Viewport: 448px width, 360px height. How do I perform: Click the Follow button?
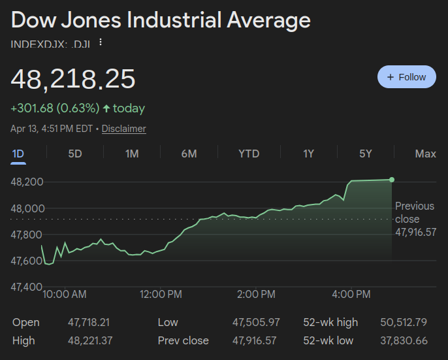(406, 77)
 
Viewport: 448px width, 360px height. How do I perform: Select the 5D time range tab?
(75, 154)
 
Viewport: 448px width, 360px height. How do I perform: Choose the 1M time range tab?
(132, 154)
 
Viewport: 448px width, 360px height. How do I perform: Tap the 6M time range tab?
(189, 154)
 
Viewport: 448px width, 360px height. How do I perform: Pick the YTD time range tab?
(249, 154)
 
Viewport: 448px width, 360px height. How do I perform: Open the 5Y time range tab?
(365, 154)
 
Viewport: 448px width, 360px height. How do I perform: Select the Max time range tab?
(425, 154)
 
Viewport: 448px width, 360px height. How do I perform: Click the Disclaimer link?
(123, 129)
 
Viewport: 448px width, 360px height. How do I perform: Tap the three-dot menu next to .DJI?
(101, 42)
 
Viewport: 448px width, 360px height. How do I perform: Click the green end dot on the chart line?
(392, 180)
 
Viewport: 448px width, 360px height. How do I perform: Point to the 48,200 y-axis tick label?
(27, 182)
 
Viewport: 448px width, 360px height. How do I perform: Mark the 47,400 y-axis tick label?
(27, 287)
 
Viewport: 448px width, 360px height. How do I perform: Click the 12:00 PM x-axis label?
(161, 295)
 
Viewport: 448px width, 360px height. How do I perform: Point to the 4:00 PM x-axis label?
(351, 295)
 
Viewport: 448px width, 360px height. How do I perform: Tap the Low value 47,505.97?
(256, 322)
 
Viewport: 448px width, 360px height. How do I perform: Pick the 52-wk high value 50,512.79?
(404, 322)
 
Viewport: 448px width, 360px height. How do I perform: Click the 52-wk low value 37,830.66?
(404, 340)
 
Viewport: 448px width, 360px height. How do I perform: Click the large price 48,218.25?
(73, 79)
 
